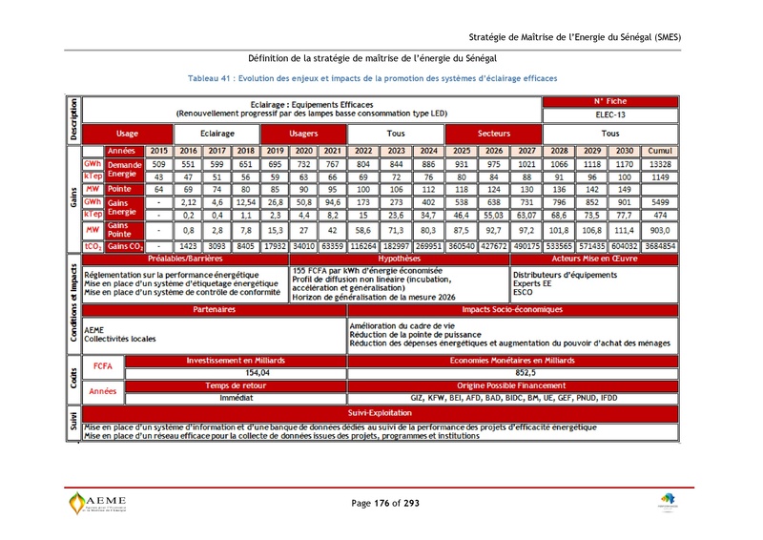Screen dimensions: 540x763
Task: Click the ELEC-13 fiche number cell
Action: click(x=610, y=114)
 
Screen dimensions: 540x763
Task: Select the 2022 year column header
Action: click(x=362, y=151)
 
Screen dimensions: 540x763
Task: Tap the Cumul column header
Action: click(x=659, y=151)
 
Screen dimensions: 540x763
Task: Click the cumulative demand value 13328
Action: click(x=659, y=164)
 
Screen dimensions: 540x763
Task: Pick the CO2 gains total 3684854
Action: click(x=659, y=245)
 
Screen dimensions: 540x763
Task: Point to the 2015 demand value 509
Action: click(x=159, y=164)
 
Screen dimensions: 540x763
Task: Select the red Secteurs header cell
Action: click(x=493, y=134)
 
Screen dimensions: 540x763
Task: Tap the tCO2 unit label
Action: click(x=93, y=245)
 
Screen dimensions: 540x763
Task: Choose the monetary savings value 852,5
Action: click(x=526, y=373)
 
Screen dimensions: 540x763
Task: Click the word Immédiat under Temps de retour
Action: click(x=235, y=396)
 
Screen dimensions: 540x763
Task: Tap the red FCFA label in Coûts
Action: click(x=103, y=366)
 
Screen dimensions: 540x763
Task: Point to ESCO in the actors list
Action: click(x=524, y=294)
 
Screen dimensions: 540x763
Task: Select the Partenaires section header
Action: click(x=214, y=310)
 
